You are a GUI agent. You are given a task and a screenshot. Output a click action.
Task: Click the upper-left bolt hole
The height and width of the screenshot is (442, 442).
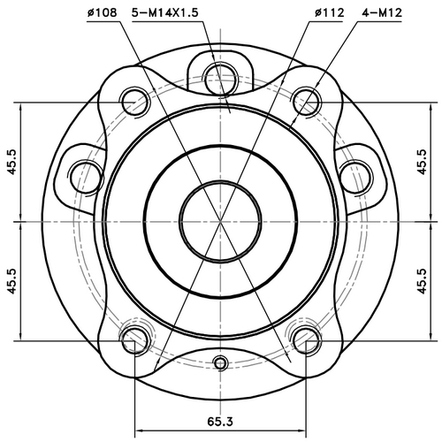click(x=135, y=98)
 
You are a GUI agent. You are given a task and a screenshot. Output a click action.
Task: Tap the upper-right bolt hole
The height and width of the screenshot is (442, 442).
click(x=306, y=98)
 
